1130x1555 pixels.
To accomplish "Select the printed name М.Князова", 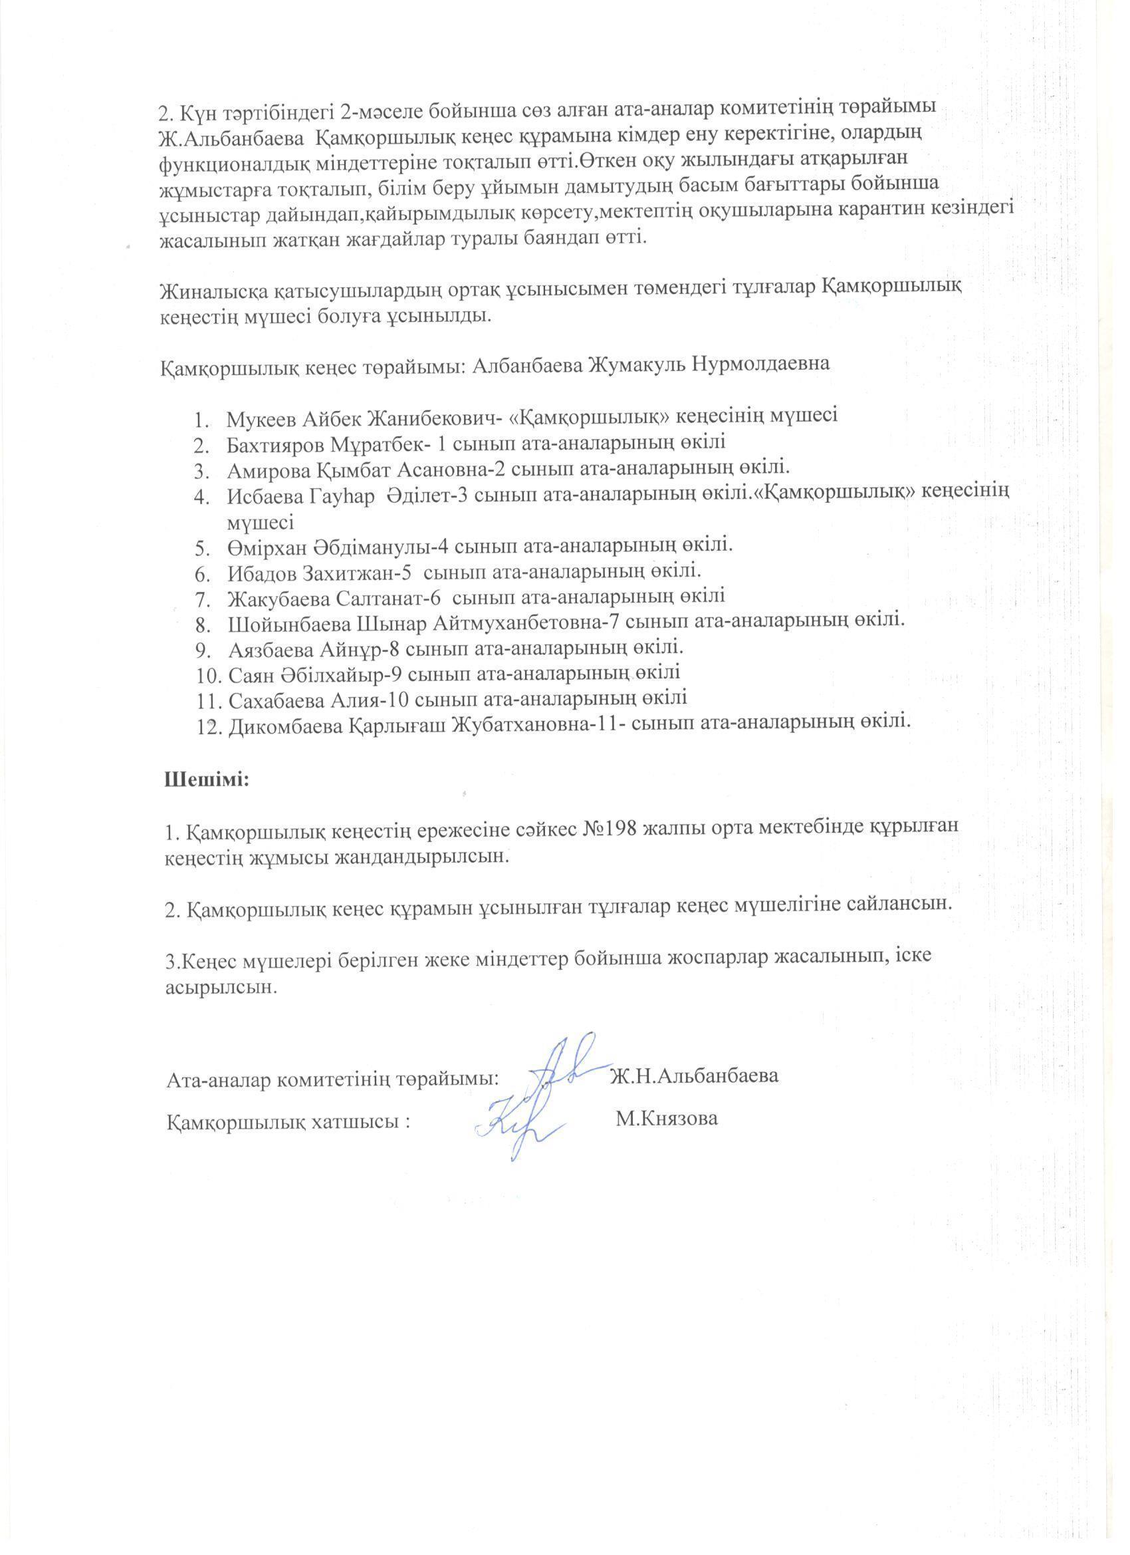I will click(x=667, y=1119).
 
